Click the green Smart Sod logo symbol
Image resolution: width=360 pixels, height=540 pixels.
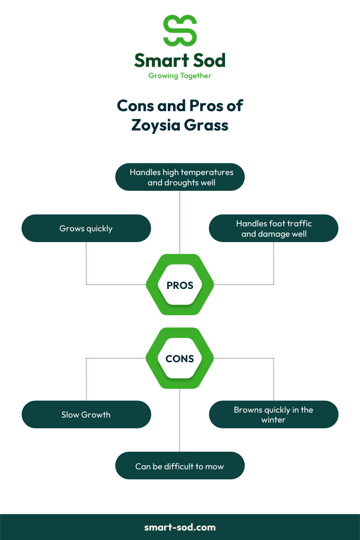[x=180, y=30]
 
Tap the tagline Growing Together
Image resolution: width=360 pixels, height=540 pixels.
[x=180, y=76]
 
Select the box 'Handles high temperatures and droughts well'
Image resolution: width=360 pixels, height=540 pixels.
[x=180, y=177]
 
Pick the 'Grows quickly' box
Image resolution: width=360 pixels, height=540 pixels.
[x=86, y=228]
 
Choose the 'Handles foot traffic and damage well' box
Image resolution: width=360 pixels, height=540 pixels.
[x=274, y=228]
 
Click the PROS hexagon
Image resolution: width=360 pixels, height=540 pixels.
[x=180, y=285]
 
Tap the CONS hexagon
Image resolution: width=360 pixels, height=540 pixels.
[x=180, y=359]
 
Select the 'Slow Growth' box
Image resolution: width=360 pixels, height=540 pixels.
[x=86, y=414]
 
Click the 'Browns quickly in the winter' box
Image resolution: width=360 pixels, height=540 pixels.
[x=274, y=414]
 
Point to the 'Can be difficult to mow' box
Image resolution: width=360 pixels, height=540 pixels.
[x=180, y=466]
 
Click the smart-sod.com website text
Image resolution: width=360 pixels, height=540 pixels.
[x=180, y=527]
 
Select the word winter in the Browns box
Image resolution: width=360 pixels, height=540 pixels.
[x=274, y=420]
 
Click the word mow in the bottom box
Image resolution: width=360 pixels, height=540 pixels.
[x=215, y=466]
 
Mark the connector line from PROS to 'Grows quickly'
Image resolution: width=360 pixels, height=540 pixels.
[x=86, y=265]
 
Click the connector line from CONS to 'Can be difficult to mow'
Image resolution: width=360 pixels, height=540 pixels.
[x=180, y=418]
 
